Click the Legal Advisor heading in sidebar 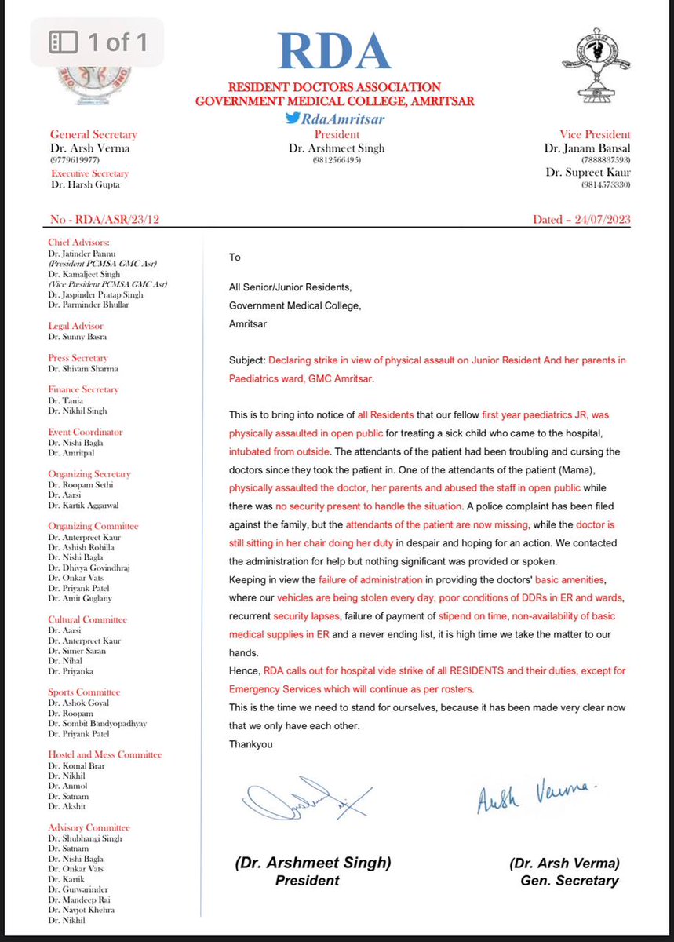(x=75, y=326)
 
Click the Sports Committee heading (x=84, y=692)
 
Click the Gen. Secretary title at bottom (x=569, y=881)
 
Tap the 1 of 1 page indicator (x=99, y=42)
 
